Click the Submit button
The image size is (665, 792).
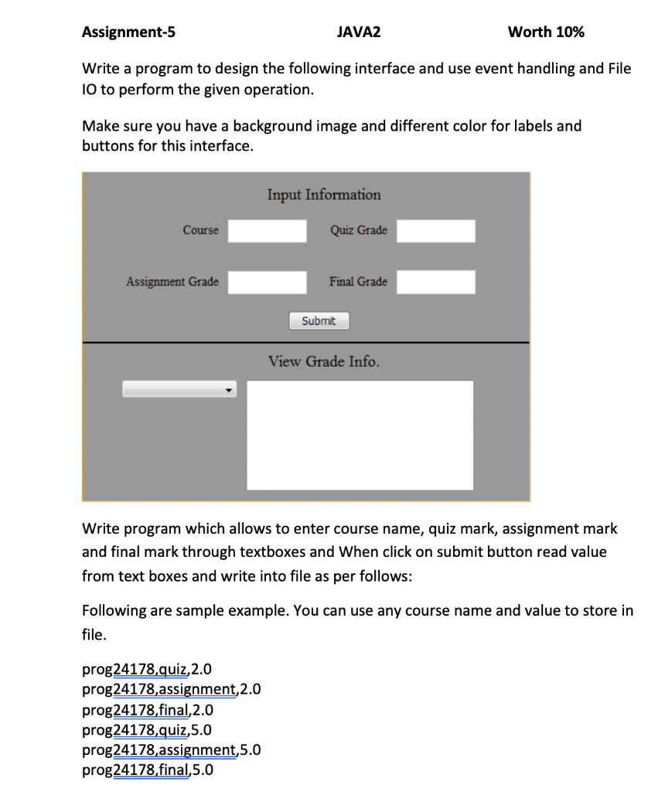[x=319, y=321]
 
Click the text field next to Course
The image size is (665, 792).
[x=268, y=230]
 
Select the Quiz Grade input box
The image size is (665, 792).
[x=436, y=230]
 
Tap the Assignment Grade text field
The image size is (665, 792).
[x=268, y=282]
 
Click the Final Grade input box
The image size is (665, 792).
[x=436, y=282]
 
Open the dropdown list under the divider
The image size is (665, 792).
[x=179, y=390]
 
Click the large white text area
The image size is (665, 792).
[x=360, y=435]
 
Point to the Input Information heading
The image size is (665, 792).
[x=324, y=195]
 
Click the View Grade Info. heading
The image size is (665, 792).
[x=324, y=362]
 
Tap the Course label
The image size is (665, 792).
[x=200, y=230]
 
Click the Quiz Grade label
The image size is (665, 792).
[x=359, y=230]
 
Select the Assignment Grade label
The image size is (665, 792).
[x=172, y=282]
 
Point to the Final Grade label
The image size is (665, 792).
[x=358, y=282]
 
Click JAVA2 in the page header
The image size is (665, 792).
[x=360, y=32]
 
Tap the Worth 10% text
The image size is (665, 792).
[x=546, y=32]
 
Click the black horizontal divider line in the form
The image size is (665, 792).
[x=306, y=342]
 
